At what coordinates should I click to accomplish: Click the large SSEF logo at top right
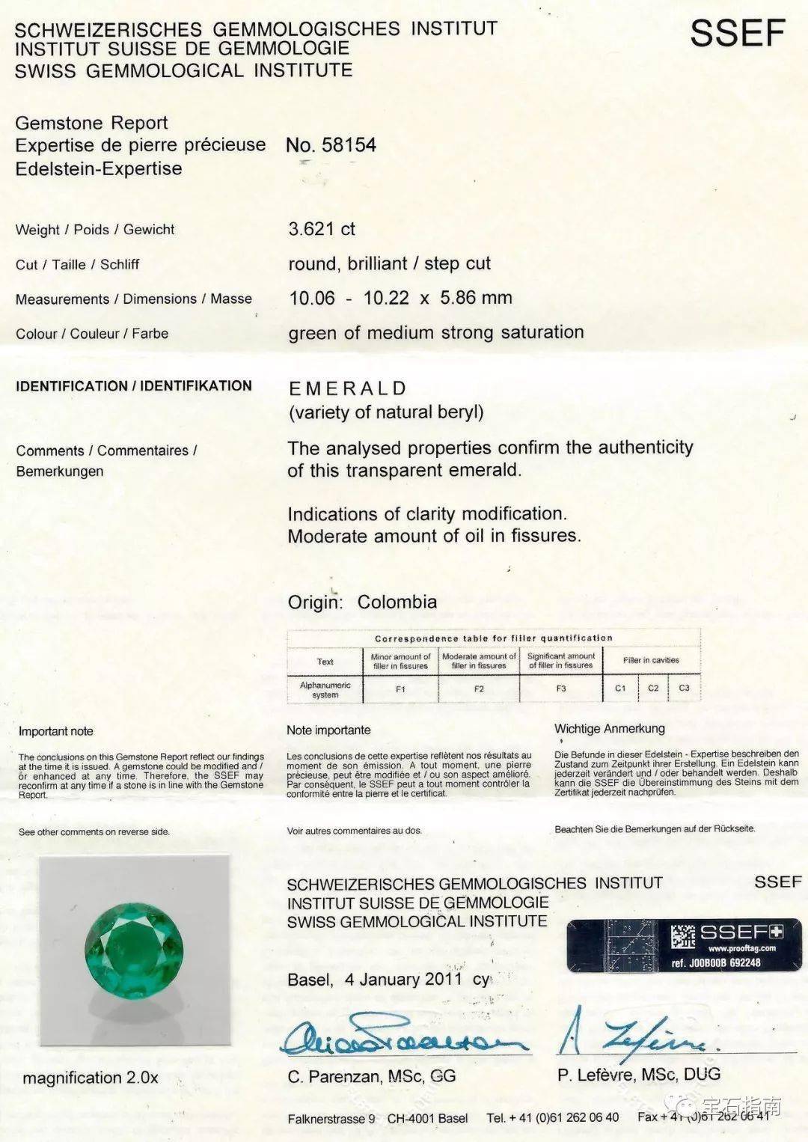737,34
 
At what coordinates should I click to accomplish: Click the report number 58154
349,145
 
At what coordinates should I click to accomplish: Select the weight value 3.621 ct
322,229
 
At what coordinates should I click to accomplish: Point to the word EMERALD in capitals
348,388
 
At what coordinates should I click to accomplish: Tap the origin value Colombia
397,602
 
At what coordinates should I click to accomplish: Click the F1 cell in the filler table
400,689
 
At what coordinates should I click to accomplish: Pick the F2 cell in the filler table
479,689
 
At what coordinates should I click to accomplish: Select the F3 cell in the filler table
561,688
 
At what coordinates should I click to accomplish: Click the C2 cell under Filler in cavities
653,688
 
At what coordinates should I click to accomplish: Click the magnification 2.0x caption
91,1078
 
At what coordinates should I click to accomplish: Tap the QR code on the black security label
682,937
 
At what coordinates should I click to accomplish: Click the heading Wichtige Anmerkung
609,728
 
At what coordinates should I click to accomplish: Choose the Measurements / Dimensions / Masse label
134,299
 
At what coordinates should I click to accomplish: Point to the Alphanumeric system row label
325,690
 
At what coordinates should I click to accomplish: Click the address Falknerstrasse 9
331,1118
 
